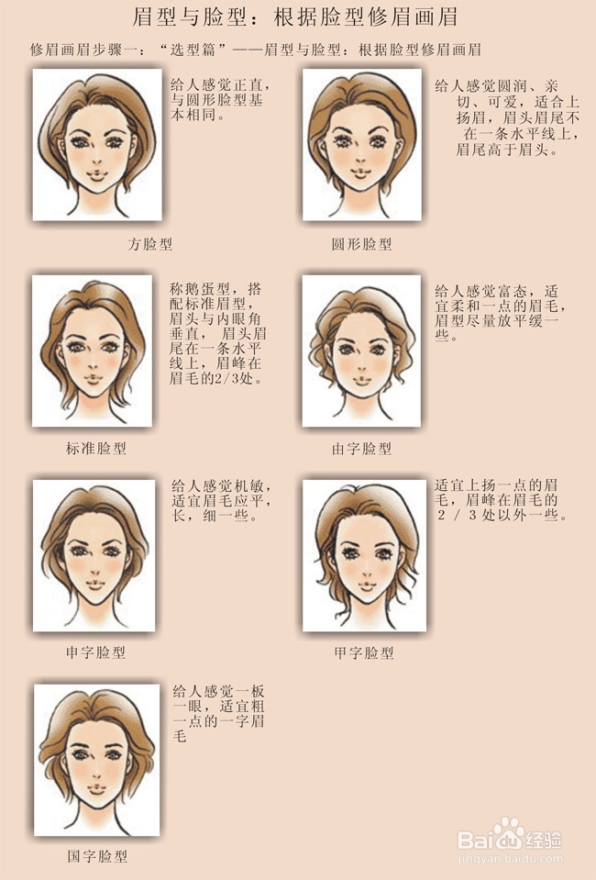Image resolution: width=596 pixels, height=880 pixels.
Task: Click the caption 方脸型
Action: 150,244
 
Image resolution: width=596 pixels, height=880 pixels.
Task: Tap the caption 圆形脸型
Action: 361,244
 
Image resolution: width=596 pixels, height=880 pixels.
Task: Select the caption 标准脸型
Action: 95,449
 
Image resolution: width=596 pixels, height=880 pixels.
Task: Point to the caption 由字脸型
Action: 361,449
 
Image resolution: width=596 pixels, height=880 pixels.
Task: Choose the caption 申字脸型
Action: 95,652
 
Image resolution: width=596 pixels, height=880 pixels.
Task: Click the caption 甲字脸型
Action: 363,652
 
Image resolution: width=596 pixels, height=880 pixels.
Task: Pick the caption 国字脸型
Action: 97,856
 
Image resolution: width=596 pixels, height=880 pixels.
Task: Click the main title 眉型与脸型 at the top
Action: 297,17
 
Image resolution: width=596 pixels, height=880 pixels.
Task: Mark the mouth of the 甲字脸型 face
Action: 363,585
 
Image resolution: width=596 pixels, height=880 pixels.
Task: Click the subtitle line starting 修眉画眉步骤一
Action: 256,49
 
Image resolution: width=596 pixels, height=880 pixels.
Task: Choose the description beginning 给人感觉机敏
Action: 222,500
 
